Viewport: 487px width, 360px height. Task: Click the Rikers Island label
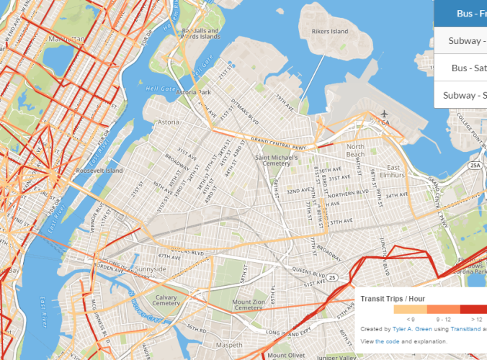329,32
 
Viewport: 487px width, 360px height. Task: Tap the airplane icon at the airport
385,114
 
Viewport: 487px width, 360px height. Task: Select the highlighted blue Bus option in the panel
461,13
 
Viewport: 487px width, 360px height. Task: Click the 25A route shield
475,165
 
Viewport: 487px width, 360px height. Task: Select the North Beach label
355,150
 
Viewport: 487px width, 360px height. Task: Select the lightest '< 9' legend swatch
411,309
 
